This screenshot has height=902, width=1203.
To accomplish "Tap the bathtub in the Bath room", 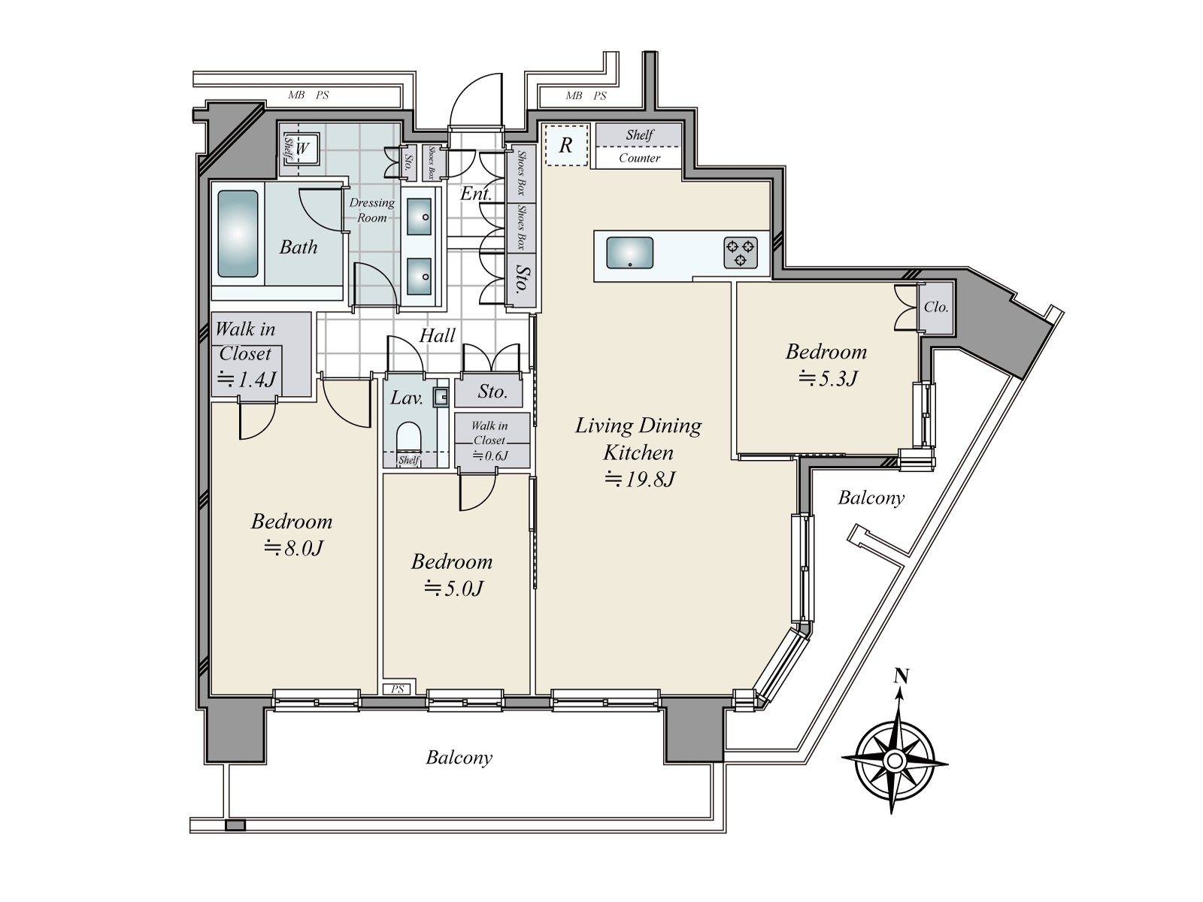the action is pyautogui.click(x=238, y=234).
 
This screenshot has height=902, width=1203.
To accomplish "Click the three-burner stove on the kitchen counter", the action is pyautogui.click(x=741, y=253).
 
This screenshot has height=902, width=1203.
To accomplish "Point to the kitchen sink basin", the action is pyautogui.click(x=630, y=253).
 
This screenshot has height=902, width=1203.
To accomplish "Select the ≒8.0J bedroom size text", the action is pyautogui.click(x=294, y=548).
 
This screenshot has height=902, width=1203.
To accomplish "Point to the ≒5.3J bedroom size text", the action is pyautogui.click(x=828, y=378).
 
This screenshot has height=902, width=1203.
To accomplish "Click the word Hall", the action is pyautogui.click(x=438, y=335).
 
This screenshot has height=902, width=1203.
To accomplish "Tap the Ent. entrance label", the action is pyautogui.click(x=475, y=193).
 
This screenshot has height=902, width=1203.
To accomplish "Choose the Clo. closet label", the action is pyautogui.click(x=936, y=307).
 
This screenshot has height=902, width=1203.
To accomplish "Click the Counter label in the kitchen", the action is pyautogui.click(x=640, y=159).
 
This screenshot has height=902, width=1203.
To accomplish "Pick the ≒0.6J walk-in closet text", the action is pyautogui.click(x=490, y=455).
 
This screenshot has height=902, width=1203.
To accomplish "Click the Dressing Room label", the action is pyautogui.click(x=372, y=210).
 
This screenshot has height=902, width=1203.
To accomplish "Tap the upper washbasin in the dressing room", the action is pyautogui.click(x=420, y=216).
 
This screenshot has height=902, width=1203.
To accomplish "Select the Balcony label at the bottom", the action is pyautogui.click(x=459, y=758).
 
